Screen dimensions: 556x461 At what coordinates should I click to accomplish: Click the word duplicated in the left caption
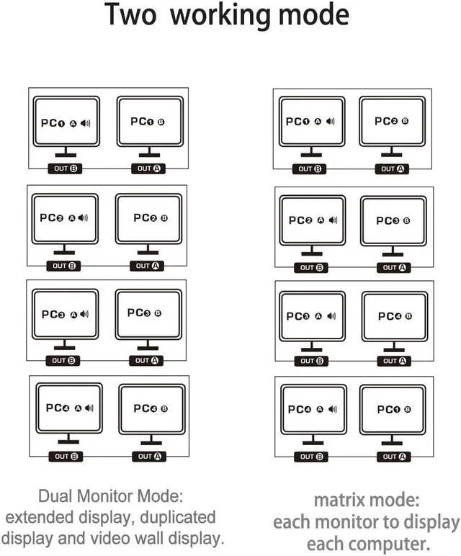[176, 517]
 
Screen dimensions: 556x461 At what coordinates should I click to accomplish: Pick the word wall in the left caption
[157, 538]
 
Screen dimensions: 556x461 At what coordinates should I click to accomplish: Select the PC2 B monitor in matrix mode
[392, 122]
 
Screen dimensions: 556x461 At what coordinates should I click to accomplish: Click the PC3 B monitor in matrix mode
[393, 221]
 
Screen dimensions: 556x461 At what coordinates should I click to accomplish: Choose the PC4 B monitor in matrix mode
[395, 316]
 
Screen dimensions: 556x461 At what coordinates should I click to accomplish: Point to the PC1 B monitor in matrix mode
[393, 410]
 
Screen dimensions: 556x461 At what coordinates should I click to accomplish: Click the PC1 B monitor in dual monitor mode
[149, 122]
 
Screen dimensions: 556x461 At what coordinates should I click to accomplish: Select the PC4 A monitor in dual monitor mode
[69, 408]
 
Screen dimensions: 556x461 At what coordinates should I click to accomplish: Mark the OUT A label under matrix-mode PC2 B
[393, 169]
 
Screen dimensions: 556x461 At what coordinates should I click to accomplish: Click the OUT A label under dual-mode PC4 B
[151, 456]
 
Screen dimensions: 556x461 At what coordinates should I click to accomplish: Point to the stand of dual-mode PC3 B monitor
[148, 346]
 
